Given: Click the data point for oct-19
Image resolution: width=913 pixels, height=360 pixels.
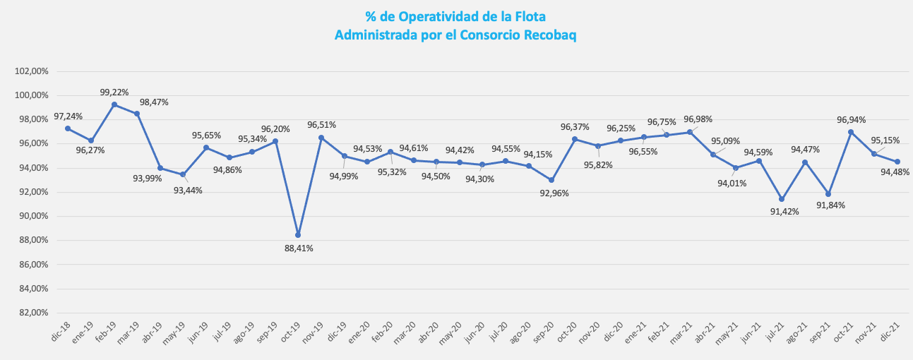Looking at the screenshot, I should pos(298,235).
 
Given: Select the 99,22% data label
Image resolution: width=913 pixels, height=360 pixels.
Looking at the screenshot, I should pos(114,92).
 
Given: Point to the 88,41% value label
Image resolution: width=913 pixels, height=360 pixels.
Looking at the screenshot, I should pos(299,248).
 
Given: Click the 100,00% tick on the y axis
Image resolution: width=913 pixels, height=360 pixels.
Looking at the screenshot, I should pos(31,95).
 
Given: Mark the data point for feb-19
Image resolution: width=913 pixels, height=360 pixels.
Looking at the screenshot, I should pos(114,104).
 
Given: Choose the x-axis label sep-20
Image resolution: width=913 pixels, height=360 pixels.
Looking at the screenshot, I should pos(543,330).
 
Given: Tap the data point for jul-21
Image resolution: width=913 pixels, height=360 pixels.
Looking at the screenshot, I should pos(782,199).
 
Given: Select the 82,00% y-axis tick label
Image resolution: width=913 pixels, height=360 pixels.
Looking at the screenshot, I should pos(31,313).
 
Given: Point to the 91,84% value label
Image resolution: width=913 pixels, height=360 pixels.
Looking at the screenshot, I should pos(831,205).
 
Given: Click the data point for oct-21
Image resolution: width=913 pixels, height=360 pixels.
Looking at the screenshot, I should pos(851,132).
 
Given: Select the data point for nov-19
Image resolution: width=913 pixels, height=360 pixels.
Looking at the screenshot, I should pos(321,138).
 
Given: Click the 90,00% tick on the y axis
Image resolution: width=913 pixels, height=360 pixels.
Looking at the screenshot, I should pos(31,216).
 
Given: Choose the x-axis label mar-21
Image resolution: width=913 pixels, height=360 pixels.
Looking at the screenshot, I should pos(681,330).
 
